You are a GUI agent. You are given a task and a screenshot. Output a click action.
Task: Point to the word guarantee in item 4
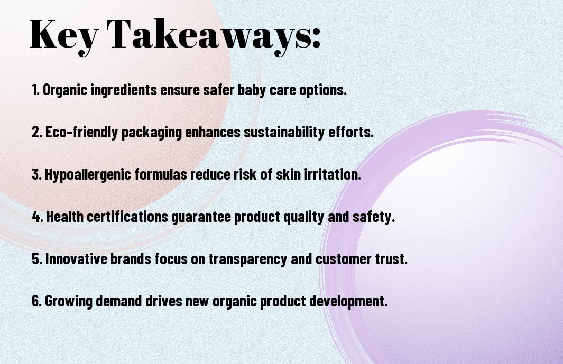201,217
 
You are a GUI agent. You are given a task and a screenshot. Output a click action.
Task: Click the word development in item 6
348,301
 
